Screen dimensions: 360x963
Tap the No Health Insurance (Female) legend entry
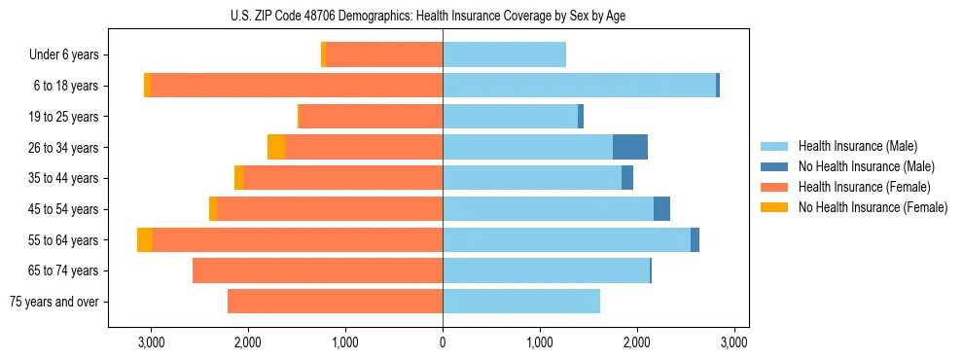click(873, 207)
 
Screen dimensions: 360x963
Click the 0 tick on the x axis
click(443, 342)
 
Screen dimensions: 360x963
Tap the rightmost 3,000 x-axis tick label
click(733, 342)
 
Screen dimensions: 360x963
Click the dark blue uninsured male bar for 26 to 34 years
click(630, 147)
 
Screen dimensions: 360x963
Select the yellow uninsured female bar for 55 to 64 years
click(145, 239)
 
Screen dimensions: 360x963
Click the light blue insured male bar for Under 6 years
click(504, 55)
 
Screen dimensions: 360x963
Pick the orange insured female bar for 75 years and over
click(335, 302)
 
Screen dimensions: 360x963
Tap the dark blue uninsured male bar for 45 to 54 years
click(661, 209)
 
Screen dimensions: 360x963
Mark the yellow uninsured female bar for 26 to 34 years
click(276, 147)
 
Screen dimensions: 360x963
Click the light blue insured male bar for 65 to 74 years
click(546, 270)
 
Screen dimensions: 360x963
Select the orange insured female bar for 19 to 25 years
click(371, 117)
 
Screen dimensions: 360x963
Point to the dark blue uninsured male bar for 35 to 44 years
click(627, 178)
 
